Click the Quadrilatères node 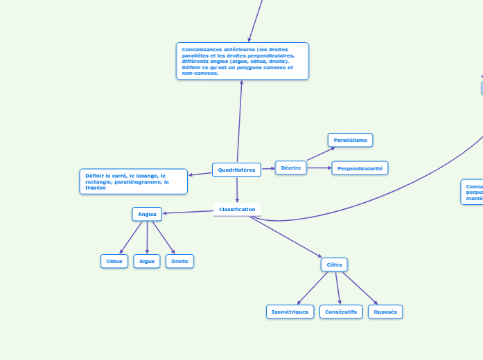[236, 170]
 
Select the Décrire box [291, 168]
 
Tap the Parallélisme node [350, 140]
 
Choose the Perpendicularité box [360, 168]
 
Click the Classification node [237, 209]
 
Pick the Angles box [147, 214]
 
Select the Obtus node [114, 261]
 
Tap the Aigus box [147, 261]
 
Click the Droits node [179, 261]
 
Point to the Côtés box [334, 264]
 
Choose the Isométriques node [290, 312]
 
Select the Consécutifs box [341, 312]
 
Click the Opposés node [385, 312]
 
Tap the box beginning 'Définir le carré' [133, 181]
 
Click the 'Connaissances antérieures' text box [242, 61]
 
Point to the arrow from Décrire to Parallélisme [320, 154]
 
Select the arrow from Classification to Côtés [284, 236]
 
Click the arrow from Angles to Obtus [132, 237]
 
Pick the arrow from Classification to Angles [188, 211]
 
